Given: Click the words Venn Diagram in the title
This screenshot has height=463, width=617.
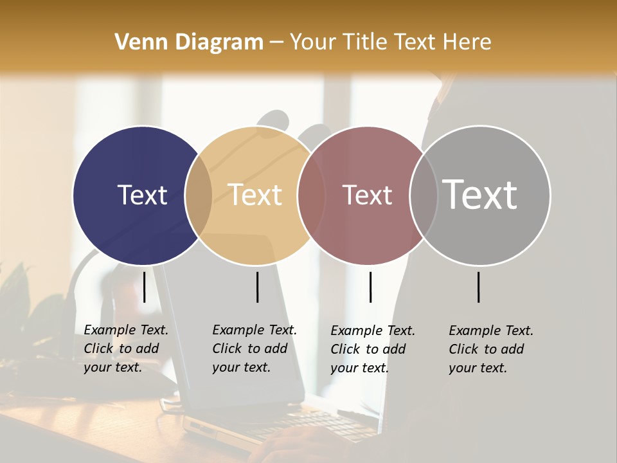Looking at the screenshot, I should tap(189, 42).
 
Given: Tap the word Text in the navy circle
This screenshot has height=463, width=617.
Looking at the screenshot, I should tap(142, 195).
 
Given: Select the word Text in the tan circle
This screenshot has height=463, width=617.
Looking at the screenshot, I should tap(255, 195).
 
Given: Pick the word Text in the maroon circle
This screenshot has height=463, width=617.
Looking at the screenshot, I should tap(367, 195).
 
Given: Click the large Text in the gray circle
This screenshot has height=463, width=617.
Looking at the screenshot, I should tap(480, 194).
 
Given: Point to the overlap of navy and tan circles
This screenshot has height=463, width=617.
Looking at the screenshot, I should tap(199, 195).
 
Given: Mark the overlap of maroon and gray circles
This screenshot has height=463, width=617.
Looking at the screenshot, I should tap(423, 195).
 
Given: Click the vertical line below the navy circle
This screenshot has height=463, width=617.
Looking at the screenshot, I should tap(145, 287).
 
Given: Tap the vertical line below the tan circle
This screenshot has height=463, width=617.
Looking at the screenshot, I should tap(257, 287).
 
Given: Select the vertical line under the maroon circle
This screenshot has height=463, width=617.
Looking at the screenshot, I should tap(370, 287).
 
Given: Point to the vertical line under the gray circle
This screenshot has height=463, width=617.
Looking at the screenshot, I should tap(478, 287).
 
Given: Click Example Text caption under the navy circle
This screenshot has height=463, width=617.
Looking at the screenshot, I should tap(126, 330).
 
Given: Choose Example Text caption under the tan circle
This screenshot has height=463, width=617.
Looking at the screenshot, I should tap(255, 330).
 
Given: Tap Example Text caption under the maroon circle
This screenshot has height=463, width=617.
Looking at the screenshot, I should tap(373, 331).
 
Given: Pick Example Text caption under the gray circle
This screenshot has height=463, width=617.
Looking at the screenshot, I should tap(491, 331).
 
